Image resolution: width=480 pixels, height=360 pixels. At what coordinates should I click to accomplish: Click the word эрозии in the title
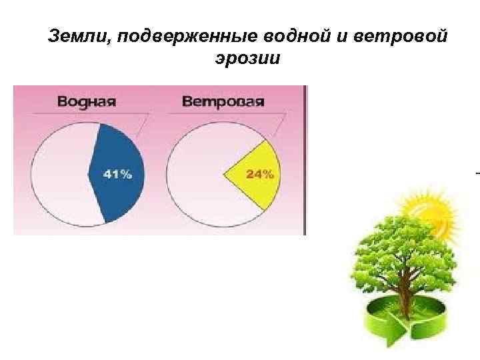click(x=247, y=58)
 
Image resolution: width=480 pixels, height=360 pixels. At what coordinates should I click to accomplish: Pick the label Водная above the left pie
click(x=87, y=102)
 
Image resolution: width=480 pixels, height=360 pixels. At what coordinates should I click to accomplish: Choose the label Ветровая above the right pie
click(x=223, y=102)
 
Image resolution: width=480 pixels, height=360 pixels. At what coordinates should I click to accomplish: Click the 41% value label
click(x=117, y=174)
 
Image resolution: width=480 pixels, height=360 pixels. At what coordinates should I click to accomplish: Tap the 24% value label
click(x=260, y=175)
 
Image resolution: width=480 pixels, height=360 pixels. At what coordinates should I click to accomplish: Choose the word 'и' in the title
click(x=344, y=36)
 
